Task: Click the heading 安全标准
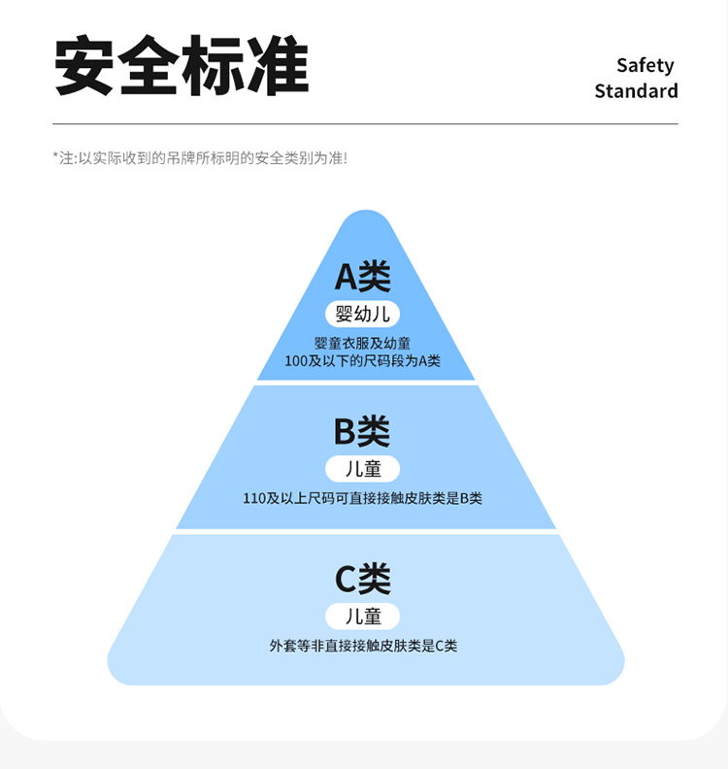182,66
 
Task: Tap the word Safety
645,65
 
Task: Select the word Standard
636,91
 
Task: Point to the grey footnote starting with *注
199,157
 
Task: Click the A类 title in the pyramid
363,277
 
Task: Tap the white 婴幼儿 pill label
363,314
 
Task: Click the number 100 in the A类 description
296,361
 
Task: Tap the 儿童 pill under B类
363,469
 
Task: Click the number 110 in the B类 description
254,499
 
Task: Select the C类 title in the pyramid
363,579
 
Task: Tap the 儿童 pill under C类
363,617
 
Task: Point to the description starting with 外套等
363,646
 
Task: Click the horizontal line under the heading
365,124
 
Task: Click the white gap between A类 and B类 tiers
365,384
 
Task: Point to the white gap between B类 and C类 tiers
365,532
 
